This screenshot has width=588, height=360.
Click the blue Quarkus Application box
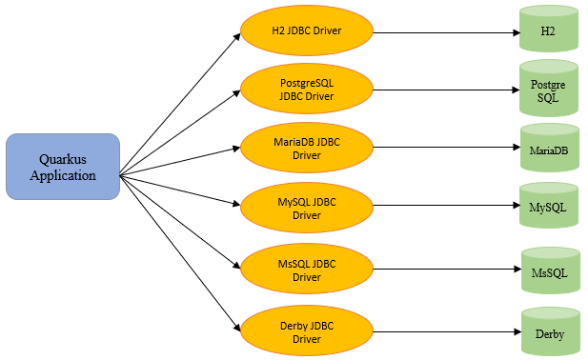click(63, 167)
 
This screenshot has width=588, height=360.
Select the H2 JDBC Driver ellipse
click(307, 30)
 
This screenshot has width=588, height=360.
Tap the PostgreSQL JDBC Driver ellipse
click(307, 89)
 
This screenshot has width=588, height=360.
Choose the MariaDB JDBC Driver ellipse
click(307, 148)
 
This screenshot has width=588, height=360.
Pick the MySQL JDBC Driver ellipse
click(307, 208)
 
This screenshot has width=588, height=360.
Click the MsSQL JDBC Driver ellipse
click(307, 269)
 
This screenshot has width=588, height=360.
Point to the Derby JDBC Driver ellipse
click(307, 330)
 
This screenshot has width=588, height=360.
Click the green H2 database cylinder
click(549, 29)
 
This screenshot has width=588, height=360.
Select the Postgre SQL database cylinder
click(549, 89)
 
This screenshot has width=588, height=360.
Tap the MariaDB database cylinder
click(550, 148)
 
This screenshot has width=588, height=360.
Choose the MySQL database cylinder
click(549, 206)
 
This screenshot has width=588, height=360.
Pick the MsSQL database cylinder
click(551, 270)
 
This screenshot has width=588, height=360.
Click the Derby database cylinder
click(551, 331)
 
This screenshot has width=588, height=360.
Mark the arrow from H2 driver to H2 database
click(447, 32)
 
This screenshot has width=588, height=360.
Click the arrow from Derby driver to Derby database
click(447, 331)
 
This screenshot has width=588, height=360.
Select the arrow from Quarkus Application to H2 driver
click(180, 104)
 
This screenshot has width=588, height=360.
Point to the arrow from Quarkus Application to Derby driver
click(180, 253)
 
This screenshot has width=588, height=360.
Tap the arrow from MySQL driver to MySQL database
click(447, 206)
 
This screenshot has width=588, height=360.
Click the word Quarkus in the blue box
click(63, 160)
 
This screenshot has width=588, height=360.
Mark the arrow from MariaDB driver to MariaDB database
click(447, 148)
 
